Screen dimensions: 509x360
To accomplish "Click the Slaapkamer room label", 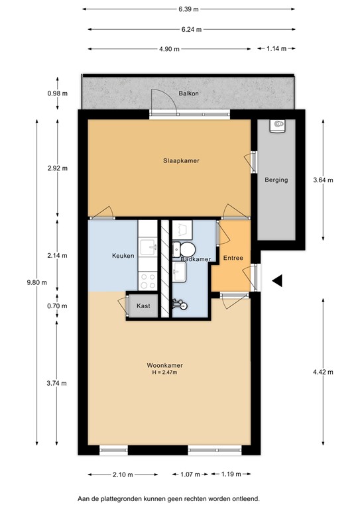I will (182, 160).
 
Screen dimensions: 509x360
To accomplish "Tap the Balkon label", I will (188, 94).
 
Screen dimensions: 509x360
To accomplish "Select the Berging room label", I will (276, 180).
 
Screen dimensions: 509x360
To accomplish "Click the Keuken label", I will (123, 256).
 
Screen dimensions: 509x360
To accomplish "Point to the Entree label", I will (233, 258).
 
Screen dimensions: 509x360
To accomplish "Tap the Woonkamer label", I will (165, 365).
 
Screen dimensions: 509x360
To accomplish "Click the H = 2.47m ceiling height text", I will (165, 372).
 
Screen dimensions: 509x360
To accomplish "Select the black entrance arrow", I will (277, 282).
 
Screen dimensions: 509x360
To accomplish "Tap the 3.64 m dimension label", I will (323, 180).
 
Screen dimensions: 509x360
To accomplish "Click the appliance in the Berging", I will (277, 125).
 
